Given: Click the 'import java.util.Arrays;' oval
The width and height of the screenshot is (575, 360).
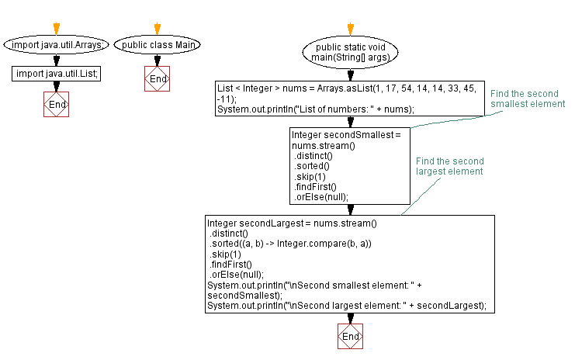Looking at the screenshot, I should (x=57, y=45).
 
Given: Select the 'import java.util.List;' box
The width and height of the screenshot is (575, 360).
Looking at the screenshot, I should (x=57, y=74).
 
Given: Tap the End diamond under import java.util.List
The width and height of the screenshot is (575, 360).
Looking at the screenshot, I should (x=57, y=104).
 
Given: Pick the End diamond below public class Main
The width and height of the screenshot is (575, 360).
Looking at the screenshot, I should (x=158, y=78).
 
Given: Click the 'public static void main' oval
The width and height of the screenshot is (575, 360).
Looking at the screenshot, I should (x=351, y=52).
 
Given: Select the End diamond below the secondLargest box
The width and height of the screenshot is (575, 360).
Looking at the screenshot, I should (x=351, y=337).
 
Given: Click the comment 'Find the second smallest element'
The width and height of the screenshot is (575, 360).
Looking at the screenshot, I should (x=527, y=99).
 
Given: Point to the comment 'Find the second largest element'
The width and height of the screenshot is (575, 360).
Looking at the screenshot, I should (x=449, y=165).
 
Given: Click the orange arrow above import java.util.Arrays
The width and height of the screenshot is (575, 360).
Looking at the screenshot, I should (x=57, y=29).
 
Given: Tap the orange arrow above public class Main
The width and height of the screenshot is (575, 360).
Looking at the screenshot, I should (x=158, y=29).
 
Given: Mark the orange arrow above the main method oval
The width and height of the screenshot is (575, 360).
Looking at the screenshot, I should (x=351, y=29).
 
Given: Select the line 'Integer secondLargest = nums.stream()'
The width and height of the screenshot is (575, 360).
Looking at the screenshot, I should (x=292, y=223).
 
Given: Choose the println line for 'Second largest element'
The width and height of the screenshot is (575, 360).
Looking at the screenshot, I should (x=347, y=305).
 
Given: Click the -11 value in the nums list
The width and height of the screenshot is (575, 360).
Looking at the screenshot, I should (x=225, y=99).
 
